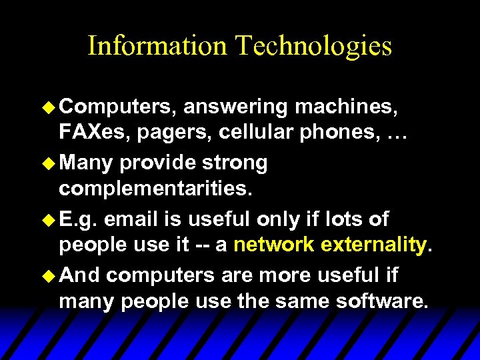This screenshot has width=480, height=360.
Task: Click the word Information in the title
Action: tap(157, 45)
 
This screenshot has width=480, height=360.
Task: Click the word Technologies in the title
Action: tap(313, 47)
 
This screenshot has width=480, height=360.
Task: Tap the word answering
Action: tap(235, 107)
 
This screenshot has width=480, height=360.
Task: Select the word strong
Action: tap(229, 163)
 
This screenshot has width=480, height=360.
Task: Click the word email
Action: tap(131, 219)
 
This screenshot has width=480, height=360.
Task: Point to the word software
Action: tap(382, 301)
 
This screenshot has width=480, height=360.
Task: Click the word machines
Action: tap(350, 107)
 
